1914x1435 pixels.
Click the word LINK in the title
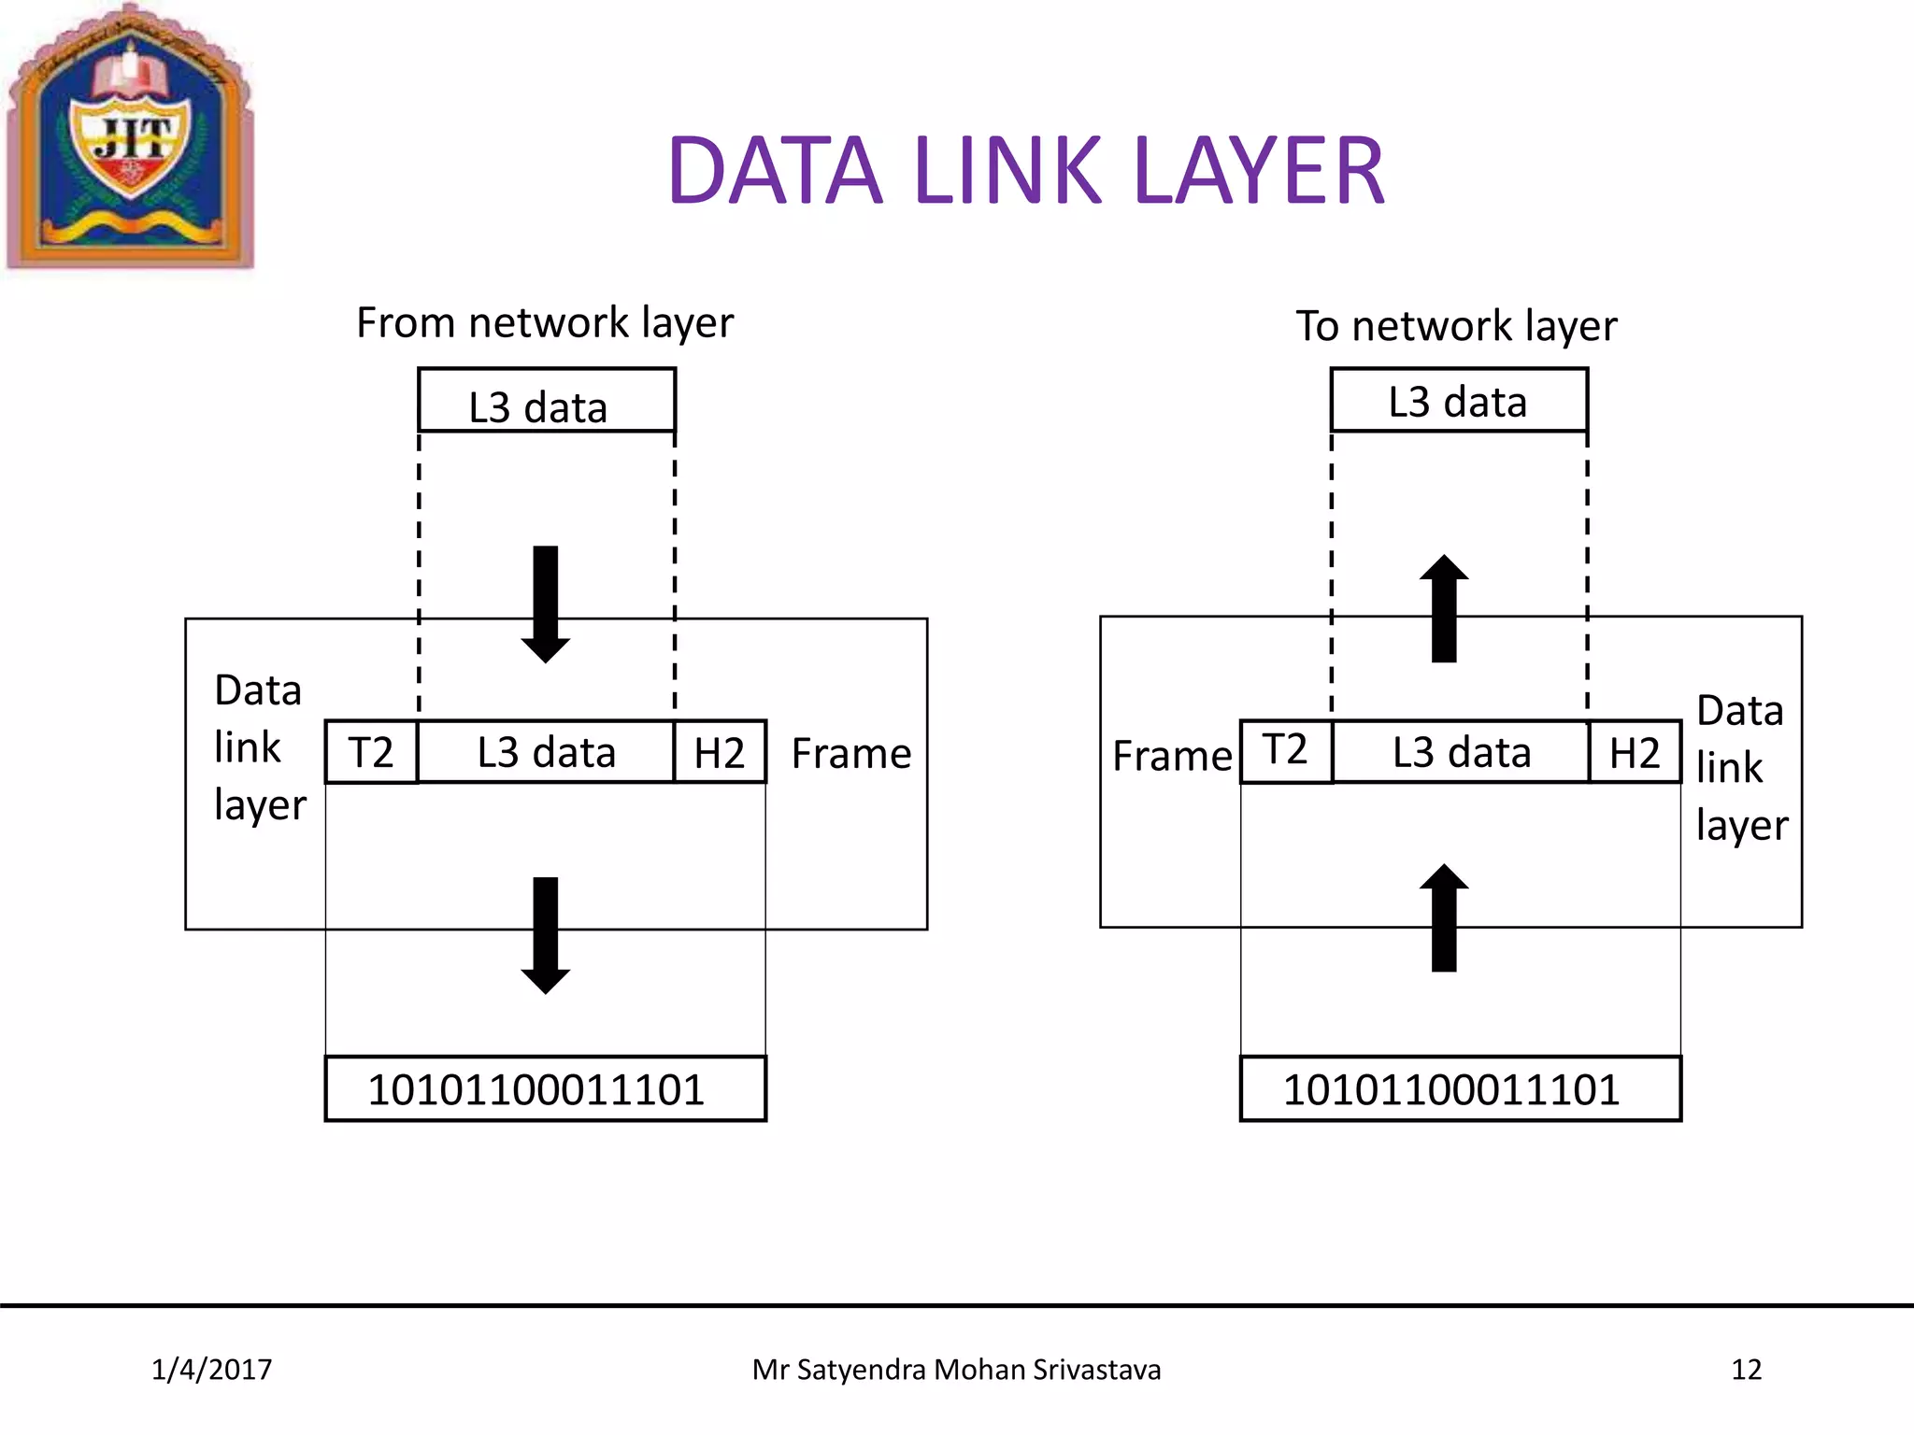point(1007,171)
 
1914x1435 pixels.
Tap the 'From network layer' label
point(545,323)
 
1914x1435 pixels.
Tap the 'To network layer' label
point(1456,326)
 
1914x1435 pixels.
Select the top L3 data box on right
point(1459,401)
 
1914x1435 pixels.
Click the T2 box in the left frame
point(371,752)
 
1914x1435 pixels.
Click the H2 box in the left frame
point(720,752)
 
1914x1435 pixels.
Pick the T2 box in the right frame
point(1286,751)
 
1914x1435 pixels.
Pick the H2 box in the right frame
point(1635,752)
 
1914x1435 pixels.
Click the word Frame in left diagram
point(850,754)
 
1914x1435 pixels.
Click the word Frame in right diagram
point(1172,756)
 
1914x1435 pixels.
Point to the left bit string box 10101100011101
point(545,1089)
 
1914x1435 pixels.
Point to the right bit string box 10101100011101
point(1460,1089)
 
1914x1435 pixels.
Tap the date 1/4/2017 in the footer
point(212,1370)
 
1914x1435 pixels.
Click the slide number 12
point(1746,1370)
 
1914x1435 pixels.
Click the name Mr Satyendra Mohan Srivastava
point(956,1370)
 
